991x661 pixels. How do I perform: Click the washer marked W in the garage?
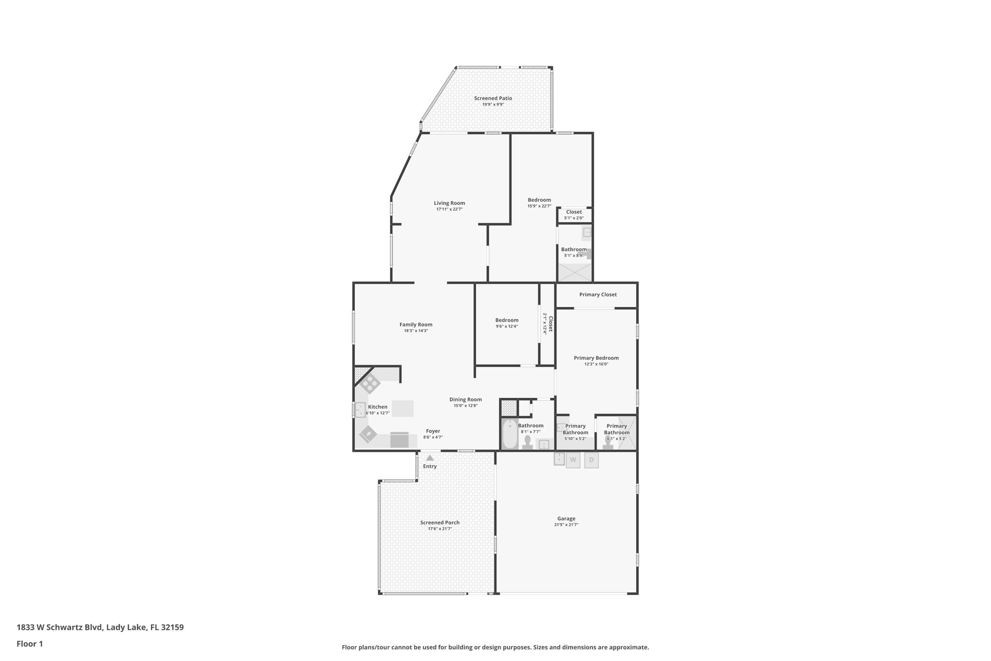point(573,460)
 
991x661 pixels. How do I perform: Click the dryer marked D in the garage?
point(591,460)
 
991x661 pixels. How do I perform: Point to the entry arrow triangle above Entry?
point(430,458)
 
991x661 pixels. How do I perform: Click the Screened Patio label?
point(493,98)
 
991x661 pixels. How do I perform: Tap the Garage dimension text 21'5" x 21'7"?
point(566,524)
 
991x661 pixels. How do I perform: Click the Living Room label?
point(449,203)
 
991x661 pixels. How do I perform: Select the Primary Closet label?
point(598,294)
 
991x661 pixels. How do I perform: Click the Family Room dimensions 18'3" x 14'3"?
point(416,331)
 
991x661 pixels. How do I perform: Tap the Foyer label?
point(433,431)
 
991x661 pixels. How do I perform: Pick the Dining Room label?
point(465,400)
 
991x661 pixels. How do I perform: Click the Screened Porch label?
point(439,523)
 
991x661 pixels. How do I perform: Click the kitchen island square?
point(403,408)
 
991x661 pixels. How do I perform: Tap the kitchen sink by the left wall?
point(360,410)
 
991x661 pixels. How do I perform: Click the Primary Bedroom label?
point(596,358)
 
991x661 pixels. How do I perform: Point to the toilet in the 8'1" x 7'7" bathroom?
point(527,442)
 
